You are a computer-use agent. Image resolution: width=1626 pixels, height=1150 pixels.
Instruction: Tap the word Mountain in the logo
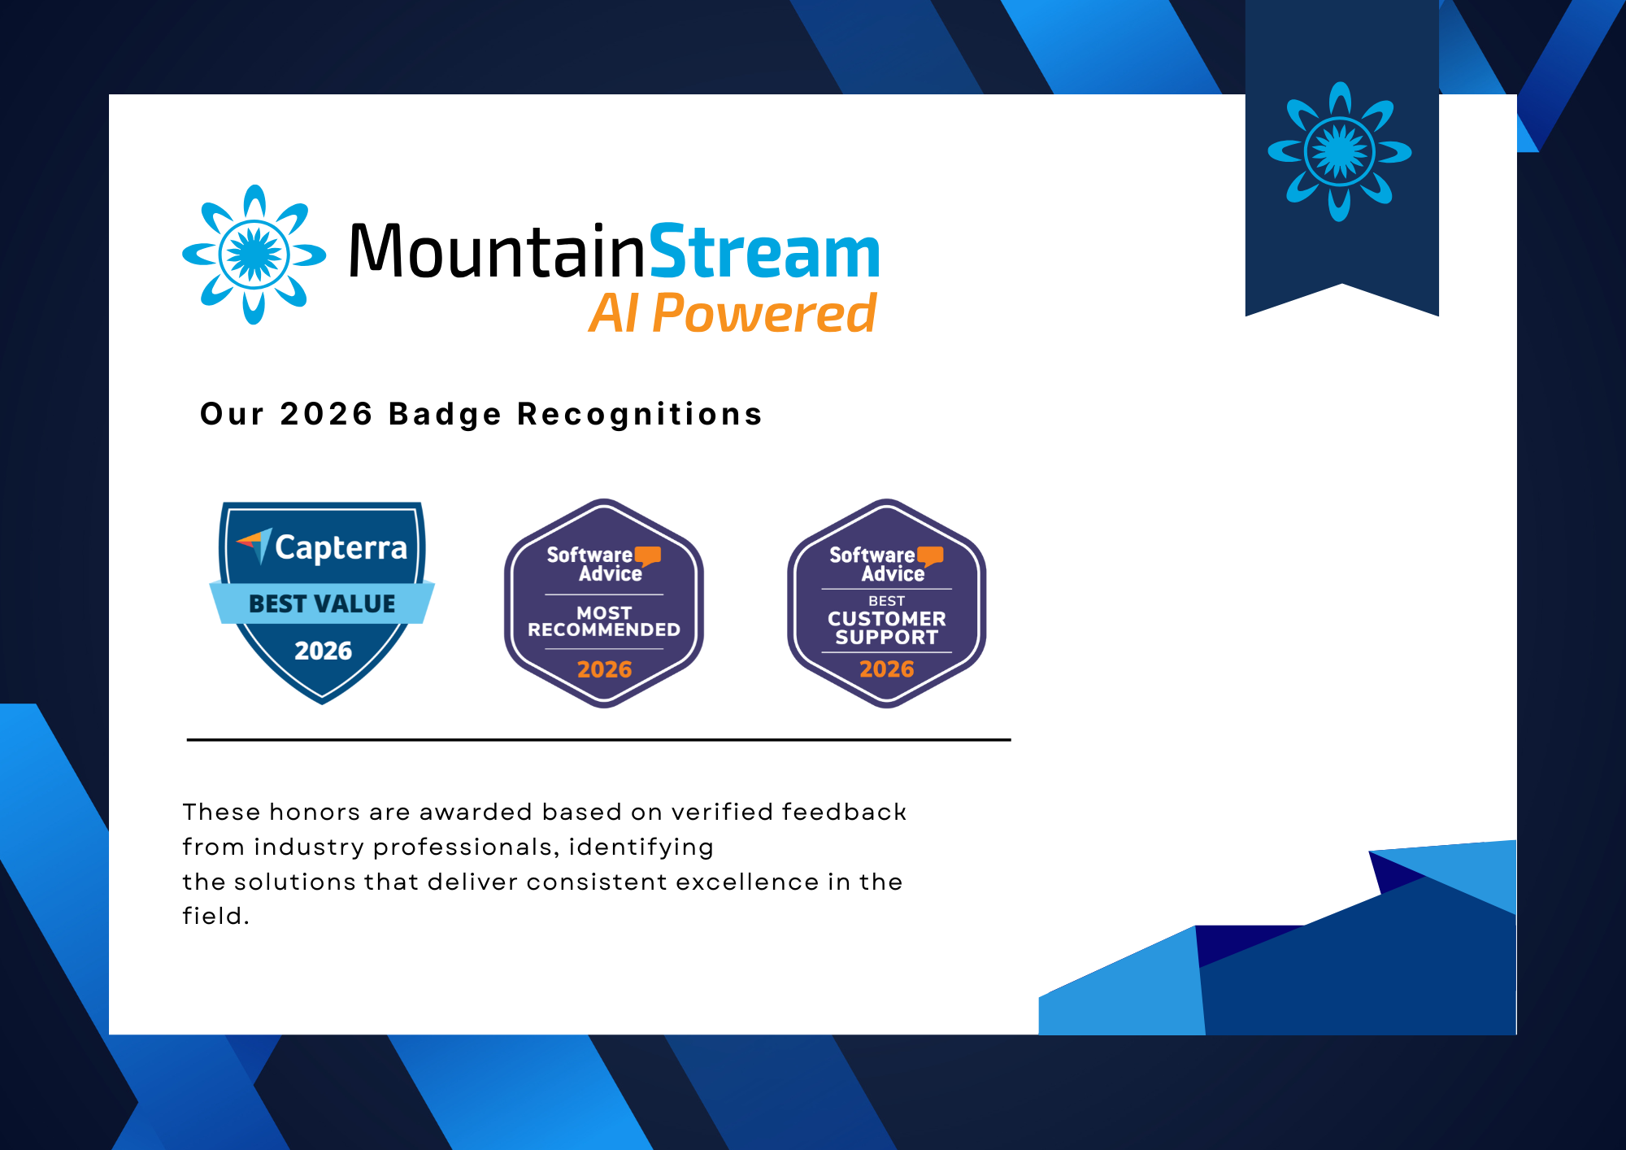pyautogui.click(x=496, y=252)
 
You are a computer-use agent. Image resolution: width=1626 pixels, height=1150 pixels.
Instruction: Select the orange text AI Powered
pyautogui.click(x=733, y=314)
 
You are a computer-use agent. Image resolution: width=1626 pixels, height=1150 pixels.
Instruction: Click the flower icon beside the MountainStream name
pyautogui.click(x=254, y=255)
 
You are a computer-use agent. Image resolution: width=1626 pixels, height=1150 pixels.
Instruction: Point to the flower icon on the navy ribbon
pyautogui.click(x=1340, y=152)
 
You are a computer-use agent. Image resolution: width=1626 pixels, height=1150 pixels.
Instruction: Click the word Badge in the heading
pyautogui.click(x=445, y=414)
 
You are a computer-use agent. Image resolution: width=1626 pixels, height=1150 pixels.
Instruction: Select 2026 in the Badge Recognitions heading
pyautogui.click(x=326, y=414)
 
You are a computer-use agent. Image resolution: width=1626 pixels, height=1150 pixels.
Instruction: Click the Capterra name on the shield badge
pyautogui.click(x=341, y=548)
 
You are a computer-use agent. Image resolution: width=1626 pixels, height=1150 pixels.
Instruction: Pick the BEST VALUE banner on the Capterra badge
pyautogui.click(x=322, y=603)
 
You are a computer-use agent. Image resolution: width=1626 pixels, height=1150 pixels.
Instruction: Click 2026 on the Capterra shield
pyautogui.click(x=323, y=651)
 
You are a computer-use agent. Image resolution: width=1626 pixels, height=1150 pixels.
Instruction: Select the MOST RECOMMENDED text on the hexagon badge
pyautogui.click(x=604, y=621)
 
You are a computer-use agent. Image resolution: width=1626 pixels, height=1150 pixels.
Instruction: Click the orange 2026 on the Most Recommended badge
pyautogui.click(x=604, y=669)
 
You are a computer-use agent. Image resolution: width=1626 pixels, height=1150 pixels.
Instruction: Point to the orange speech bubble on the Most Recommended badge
pyautogui.click(x=648, y=556)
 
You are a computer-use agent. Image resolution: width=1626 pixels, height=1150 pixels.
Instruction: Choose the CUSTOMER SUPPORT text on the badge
pyautogui.click(x=887, y=628)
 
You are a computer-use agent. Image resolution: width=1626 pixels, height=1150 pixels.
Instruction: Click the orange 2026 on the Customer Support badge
pyautogui.click(x=887, y=669)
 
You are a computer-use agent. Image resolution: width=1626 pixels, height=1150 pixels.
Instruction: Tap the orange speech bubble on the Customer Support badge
pyautogui.click(x=931, y=556)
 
